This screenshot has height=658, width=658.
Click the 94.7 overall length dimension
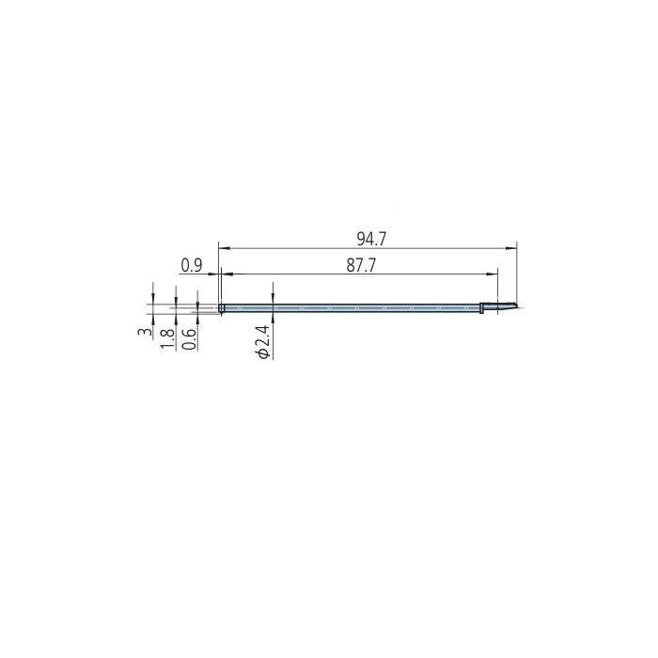tap(371, 239)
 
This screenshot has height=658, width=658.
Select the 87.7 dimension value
tap(361, 266)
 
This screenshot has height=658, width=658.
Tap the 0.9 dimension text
tap(192, 266)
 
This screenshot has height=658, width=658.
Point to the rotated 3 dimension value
tap(145, 332)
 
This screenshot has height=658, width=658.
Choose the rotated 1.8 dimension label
tap(167, 338)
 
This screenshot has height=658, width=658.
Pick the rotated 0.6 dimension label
tap(189, 339)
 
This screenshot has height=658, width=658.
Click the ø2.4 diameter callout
tap(263, 341)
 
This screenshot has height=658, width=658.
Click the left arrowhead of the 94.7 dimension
tap(225, 248)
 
